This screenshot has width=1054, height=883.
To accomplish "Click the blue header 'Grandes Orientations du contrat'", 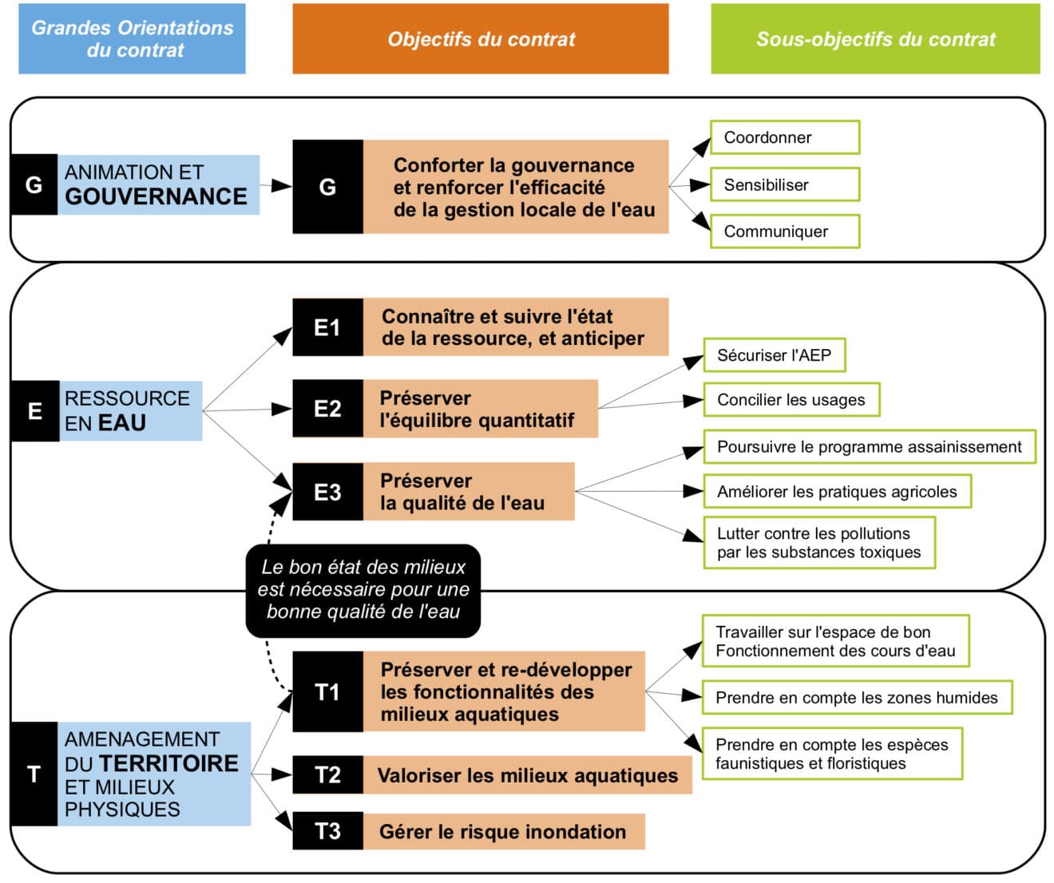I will [x=132, y=38].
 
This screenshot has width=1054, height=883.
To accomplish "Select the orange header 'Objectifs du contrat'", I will [x=480, y=38].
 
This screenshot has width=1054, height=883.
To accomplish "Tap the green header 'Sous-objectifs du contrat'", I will [x=875, y=38].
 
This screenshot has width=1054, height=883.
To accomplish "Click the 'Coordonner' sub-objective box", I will [x=784, y=137].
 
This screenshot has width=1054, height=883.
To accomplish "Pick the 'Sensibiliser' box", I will [x=784, y=184].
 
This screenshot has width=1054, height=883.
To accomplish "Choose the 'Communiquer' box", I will [x=784, y=232].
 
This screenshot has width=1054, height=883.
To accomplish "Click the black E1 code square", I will [x=327, y=327].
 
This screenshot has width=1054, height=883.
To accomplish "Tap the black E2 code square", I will [x=327, y=409].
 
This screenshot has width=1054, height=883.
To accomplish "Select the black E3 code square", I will [x=327, y=492].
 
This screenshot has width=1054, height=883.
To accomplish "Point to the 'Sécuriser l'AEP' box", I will [x=774, y=355].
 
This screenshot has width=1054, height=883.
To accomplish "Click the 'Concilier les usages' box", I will [x=791, y=400].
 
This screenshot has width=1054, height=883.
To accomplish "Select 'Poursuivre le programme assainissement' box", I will [x=869, y=447].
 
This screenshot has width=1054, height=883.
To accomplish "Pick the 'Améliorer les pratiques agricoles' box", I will [x=837, y=492].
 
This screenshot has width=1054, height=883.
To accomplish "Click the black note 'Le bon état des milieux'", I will [x=363, y=590].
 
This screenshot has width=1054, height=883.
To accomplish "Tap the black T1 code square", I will [x=327, y=691].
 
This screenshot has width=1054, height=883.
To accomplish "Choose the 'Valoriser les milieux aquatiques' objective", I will [x=527, y=775].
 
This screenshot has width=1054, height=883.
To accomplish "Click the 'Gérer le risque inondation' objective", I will [x=502, y=832].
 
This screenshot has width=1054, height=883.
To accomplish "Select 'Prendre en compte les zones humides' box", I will [x=856, y=698].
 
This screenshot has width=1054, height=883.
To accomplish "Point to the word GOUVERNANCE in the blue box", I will [x=156, y=196].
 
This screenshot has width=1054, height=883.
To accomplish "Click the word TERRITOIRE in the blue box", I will [x=168, y=763].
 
